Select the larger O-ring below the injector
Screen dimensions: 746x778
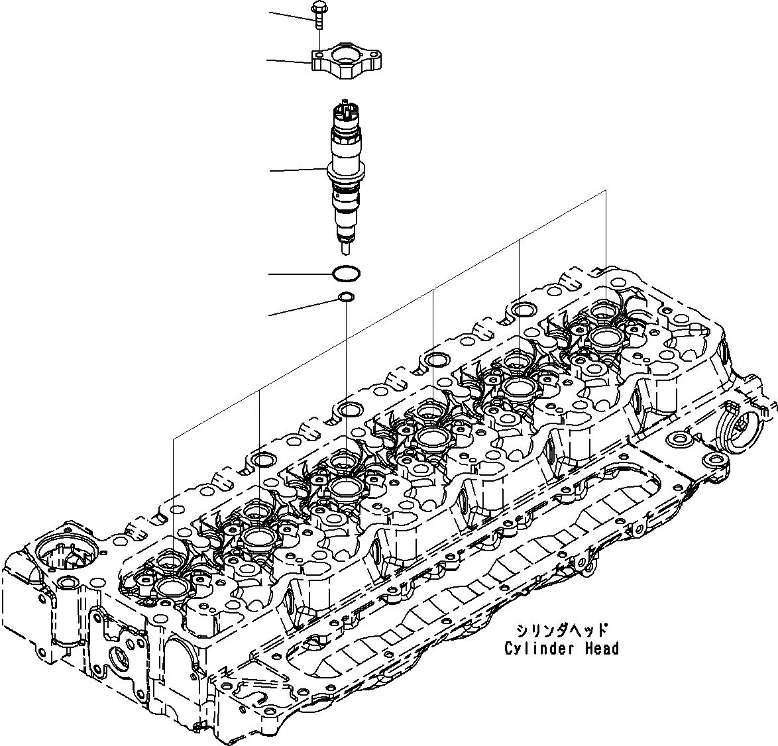[x=346, y=273]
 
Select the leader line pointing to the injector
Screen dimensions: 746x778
[x=298, y=170]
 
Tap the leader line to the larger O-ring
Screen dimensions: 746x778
[x=298, y=274]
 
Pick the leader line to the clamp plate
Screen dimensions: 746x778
[x=288, y=62]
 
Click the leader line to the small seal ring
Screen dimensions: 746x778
[x=302, y=307]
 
